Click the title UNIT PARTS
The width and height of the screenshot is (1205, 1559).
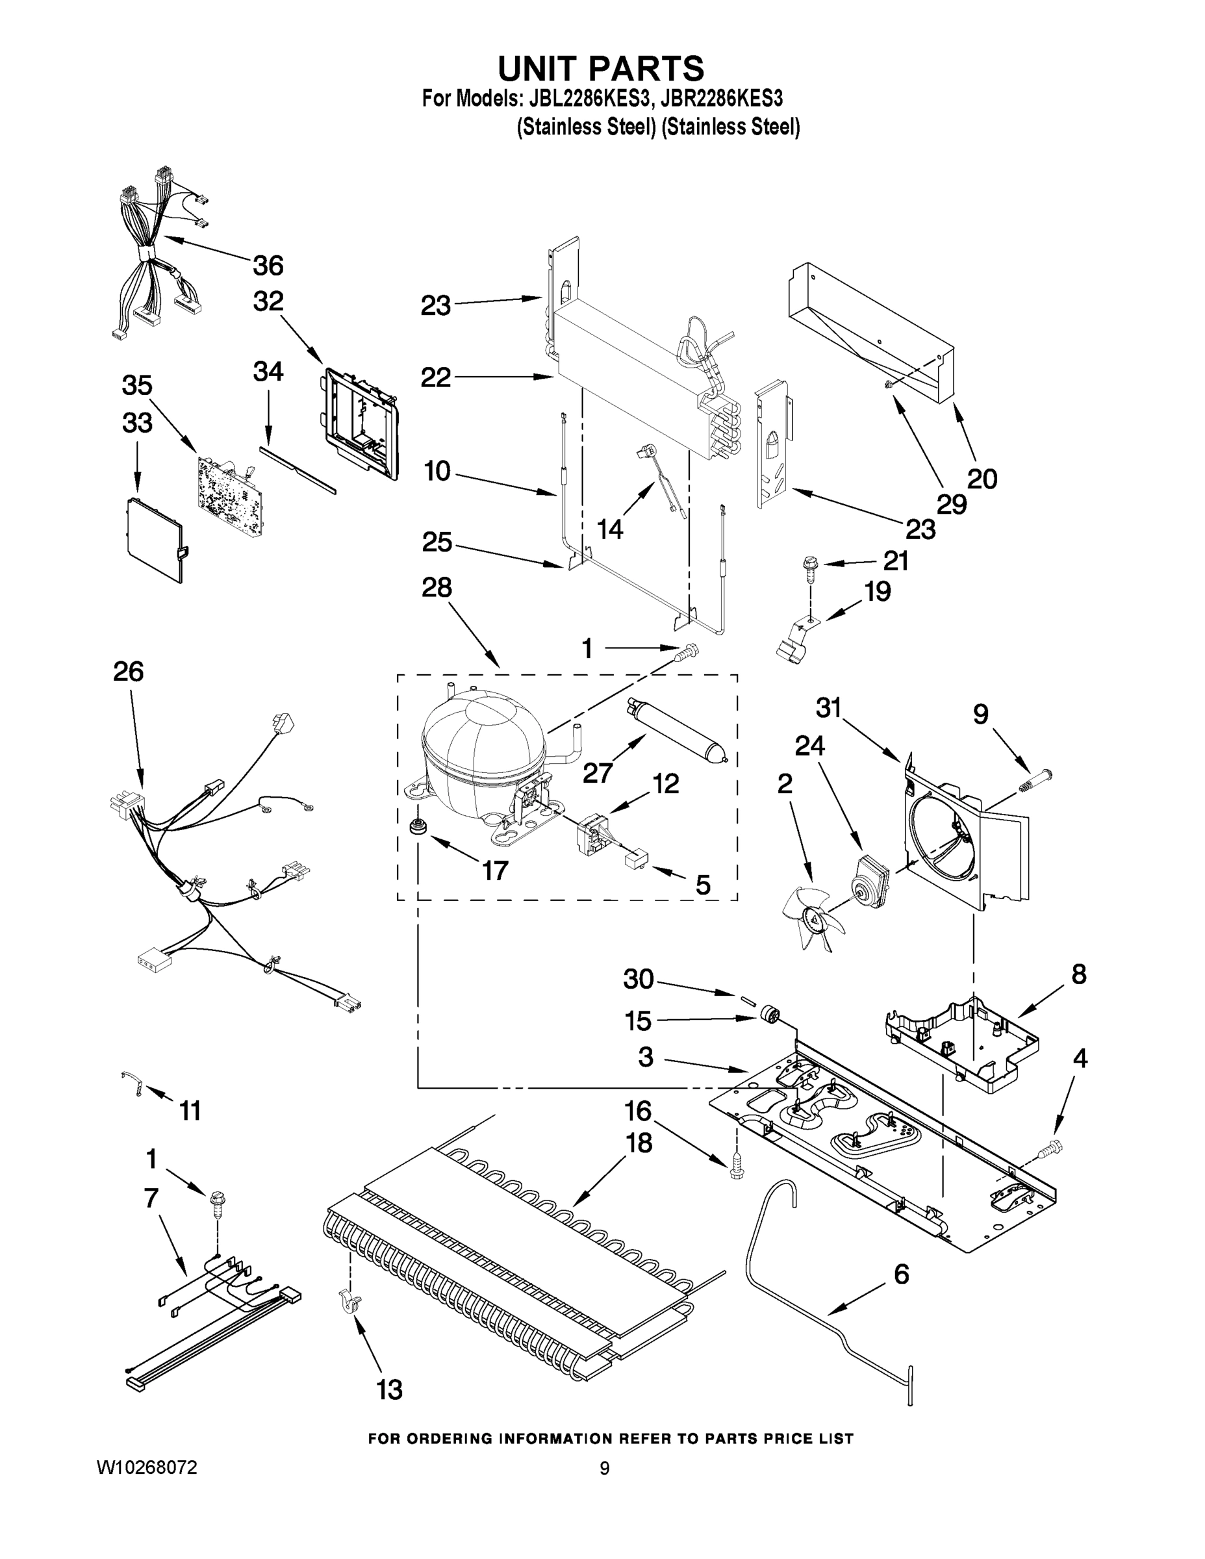(x=600, y=68)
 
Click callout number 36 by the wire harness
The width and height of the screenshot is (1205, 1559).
(x=268, y=266)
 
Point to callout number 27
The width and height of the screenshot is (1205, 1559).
(x=598, y=772)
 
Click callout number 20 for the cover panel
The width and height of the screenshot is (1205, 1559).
(x=982, y=478)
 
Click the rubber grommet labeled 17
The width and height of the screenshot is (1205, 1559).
(x=414, y=828)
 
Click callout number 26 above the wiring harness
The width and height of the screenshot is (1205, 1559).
(x=128, y=671)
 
